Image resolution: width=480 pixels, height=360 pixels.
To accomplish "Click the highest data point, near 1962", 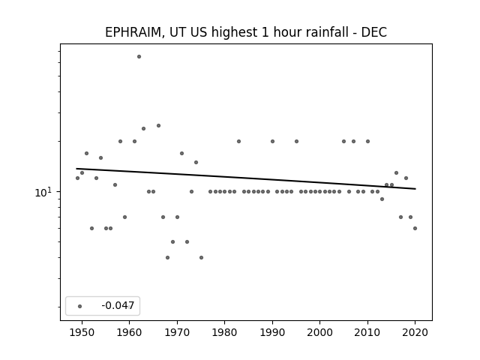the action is [x=139, y=57].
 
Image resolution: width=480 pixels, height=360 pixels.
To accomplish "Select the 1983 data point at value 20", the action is [x=238, y=142].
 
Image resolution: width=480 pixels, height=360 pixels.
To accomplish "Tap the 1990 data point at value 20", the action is [x=272, y=142].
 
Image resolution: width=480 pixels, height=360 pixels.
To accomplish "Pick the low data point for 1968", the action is [x=167, y=257].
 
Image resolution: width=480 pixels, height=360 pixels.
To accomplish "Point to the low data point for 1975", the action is [x=201, y=257].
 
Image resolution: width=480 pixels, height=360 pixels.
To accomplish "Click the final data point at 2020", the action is [x=415, y=228].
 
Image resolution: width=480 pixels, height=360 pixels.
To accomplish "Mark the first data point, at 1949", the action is [x=77, y=178].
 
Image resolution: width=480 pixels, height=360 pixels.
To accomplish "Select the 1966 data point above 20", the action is [x=158, y=125].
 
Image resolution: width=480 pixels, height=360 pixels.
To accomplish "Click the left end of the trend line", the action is [x=76, y=169].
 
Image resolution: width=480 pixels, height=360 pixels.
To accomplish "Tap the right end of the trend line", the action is [x=415, y=189].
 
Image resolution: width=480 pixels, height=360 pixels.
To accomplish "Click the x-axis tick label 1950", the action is [x=82, y=332].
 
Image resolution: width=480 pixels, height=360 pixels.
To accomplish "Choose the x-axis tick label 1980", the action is [x=225, y=332].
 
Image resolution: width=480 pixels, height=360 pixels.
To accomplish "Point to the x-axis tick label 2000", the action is [x=320, y=332].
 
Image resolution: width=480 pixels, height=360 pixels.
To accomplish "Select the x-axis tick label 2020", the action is [x=415, y=332].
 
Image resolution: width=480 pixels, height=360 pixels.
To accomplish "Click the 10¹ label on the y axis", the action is [x=43, y=192].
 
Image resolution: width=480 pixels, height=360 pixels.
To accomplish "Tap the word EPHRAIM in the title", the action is [x=133, y=32].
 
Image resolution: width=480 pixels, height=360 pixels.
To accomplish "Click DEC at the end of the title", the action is [x=374, y=32].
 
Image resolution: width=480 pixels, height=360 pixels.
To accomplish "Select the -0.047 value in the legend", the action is [x=118, y=305].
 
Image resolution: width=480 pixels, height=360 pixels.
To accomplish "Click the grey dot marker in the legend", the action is [x=80, y=306].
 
